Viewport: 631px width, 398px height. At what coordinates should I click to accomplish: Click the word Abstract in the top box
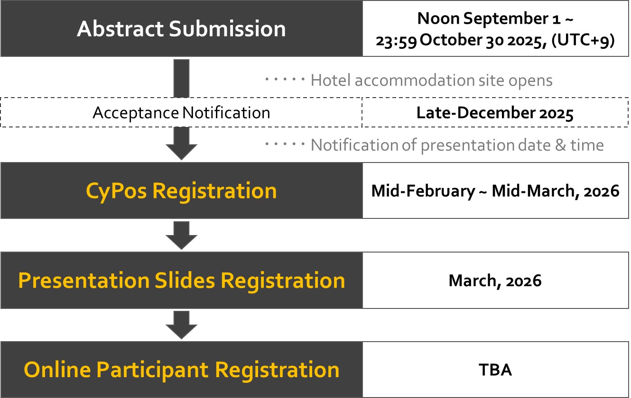121,28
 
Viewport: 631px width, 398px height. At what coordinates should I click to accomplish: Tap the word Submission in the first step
227,28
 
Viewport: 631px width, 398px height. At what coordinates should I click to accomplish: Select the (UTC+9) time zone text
583,40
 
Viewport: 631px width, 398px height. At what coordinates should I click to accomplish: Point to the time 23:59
396,41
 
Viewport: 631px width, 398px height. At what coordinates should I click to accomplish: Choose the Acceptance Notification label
181,113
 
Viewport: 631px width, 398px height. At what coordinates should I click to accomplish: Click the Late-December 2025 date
495,113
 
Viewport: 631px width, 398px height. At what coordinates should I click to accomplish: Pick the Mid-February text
423,191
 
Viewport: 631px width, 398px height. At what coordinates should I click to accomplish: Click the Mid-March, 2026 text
556,191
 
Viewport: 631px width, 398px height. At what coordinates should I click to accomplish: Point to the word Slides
185,280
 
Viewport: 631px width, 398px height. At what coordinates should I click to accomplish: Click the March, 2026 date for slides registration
495,280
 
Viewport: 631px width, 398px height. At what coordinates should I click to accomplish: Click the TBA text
495,370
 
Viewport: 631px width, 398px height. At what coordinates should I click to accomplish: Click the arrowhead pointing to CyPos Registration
181,152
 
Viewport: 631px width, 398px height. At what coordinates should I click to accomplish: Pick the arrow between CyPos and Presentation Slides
181,235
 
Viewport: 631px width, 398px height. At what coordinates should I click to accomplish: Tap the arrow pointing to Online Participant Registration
181,325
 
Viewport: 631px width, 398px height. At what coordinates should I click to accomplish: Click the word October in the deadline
451,40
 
